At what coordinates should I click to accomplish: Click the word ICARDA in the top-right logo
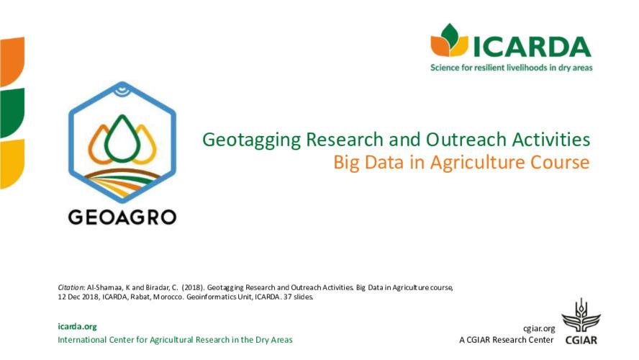coord(532,45)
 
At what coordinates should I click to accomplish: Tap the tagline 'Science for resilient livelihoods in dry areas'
coord(511,68)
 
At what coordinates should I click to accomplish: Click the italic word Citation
coord(71,287)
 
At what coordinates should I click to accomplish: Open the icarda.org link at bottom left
coord(77,326)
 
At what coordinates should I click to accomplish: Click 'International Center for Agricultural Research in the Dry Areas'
coord(175,339)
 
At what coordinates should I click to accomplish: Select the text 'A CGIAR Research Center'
coord(506,340)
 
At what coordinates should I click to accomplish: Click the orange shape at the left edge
coord(12,61)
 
